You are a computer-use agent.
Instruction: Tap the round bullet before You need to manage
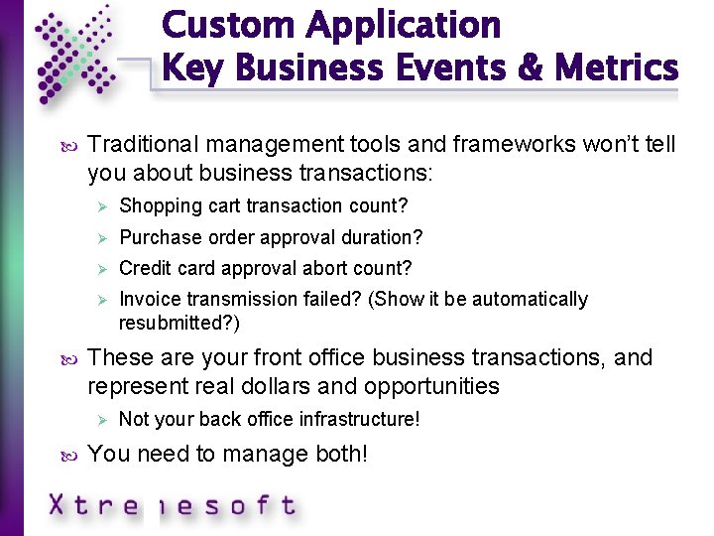(67, 455)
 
